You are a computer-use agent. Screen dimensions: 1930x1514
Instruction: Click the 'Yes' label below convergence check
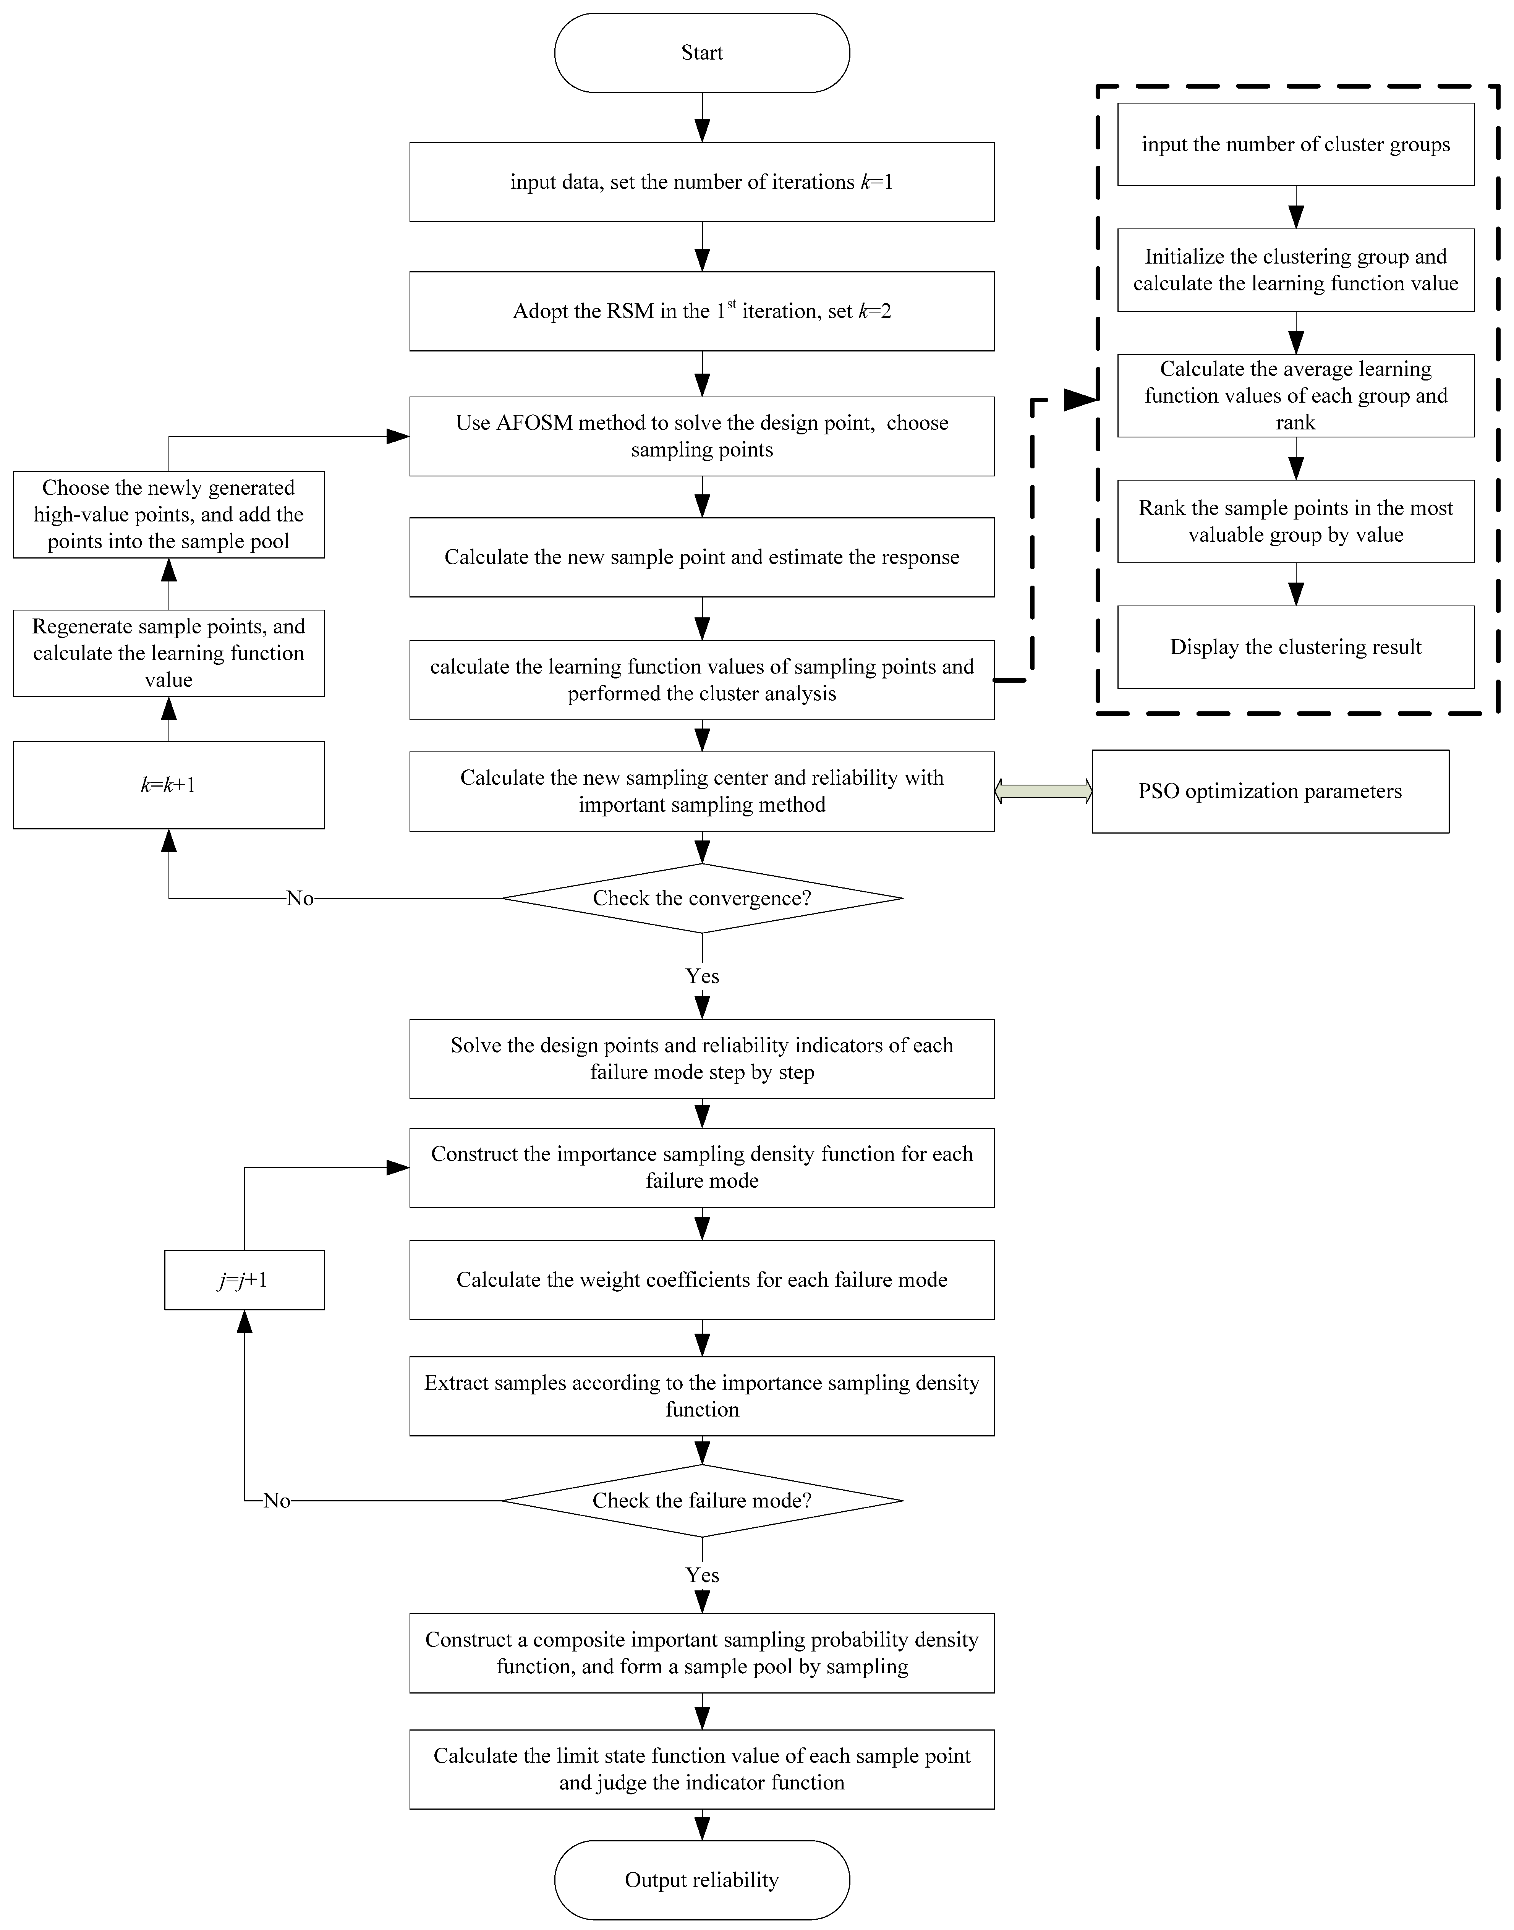[702, 976]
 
